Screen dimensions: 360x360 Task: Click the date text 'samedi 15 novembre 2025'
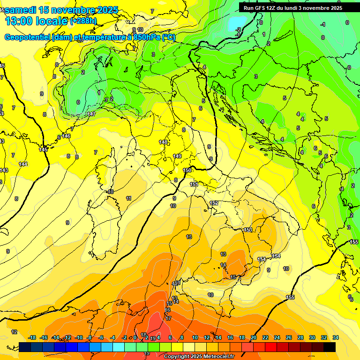[61, 10]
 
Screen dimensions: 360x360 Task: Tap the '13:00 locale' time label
[37, 21]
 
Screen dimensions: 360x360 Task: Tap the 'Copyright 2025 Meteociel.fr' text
[199, 357]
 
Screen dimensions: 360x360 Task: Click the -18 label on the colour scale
[32, 337]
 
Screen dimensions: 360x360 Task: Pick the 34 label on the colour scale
[336, 337]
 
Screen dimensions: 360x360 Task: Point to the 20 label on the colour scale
[254, 337]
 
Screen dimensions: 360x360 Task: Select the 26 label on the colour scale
[289, 337]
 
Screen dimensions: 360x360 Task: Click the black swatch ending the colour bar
[330, 347]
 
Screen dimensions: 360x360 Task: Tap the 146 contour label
[66, 136]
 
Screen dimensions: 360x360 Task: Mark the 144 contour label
[23, 164]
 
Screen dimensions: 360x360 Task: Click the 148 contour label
[163, 142]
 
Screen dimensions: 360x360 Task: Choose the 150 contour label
[187, 170]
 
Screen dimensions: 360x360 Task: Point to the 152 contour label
[214, 203]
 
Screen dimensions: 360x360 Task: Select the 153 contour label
[248, 230]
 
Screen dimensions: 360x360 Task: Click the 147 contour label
[91, 114]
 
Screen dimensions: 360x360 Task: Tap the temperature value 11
[128, 198]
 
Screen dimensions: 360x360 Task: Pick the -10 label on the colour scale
[79, 337]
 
